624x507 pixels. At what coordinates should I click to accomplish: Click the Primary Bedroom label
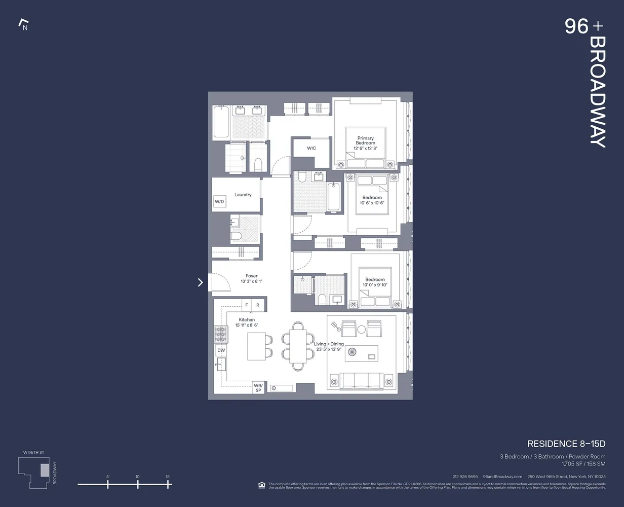[x=365, y=140]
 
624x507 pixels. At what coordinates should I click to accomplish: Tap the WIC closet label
[x=311, y=148]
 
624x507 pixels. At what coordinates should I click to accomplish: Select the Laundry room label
[x=243, y=195]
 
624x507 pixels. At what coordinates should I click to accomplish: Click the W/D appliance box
[x=219, y=201]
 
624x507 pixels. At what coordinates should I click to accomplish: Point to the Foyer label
[x=251, y=276]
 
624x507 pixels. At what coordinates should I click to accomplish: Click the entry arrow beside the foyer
[x=200, y=282]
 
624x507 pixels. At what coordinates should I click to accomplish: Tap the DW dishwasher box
[x=221, y=350]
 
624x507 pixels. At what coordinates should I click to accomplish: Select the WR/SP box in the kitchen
[x=258, y=388]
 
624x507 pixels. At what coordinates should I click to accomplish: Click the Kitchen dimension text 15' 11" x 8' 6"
[x=247, y=325]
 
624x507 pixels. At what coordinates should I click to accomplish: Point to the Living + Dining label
[x=329, y=344]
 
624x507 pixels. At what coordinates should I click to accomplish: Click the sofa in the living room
[x=362, y=381]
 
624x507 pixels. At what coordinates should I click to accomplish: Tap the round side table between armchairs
[x=362, y=330]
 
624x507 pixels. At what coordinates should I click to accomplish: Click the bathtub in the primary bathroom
[x=220, y=122]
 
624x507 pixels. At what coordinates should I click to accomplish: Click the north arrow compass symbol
[x=23, y=24]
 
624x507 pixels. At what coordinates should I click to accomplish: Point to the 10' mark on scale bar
[x=138, y=484]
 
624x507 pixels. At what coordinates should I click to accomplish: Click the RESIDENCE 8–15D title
[x=566, y=444]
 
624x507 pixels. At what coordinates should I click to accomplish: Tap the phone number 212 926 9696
[x=465, y=477]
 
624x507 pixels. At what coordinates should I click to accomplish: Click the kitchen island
[x=256, y=346]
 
